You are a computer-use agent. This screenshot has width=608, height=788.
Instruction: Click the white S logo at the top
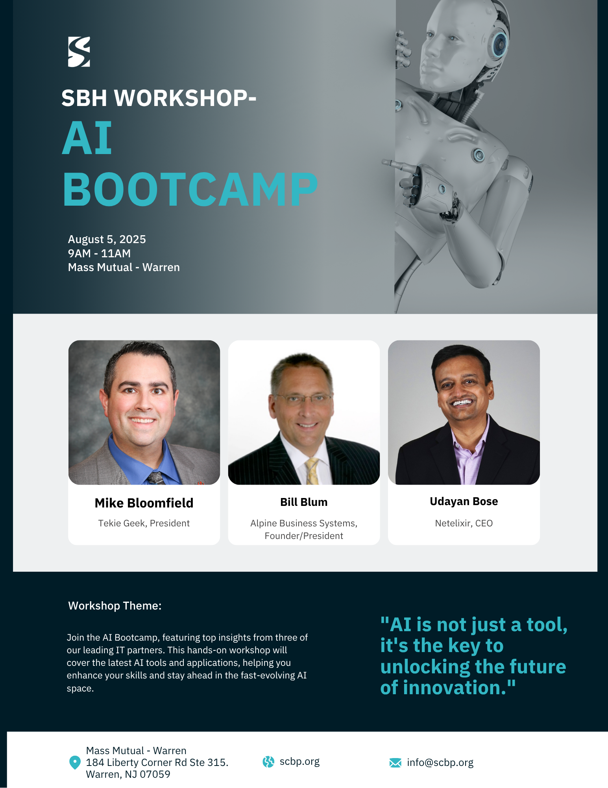pos(79,52)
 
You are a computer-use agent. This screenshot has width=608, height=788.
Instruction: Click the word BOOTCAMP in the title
pos(190,190)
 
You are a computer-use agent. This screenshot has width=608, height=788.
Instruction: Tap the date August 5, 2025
pos(107,240)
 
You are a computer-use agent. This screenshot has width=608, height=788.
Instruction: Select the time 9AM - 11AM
pos(99,253)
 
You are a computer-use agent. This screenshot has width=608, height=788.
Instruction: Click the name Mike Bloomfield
pos(144,503)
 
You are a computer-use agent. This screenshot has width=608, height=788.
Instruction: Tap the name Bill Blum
pos(304,502)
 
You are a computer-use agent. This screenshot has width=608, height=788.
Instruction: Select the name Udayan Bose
pos(464,501)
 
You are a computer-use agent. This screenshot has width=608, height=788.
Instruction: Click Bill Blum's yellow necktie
pos(312,471)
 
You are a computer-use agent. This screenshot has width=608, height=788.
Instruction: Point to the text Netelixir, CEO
pos(464,523)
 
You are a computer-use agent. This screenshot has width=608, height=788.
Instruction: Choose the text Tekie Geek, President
pos(144,523)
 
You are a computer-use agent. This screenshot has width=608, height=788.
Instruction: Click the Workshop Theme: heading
pos(115,606)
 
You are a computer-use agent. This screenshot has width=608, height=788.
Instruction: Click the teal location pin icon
pos(75,762)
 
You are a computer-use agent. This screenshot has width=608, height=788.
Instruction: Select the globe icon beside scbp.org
pos(268,762)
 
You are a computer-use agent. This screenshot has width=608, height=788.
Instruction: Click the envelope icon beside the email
pos(395,763)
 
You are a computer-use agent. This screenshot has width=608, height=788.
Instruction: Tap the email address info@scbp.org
pos(440,763)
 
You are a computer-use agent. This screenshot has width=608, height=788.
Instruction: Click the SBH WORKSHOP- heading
pos(159,98)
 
